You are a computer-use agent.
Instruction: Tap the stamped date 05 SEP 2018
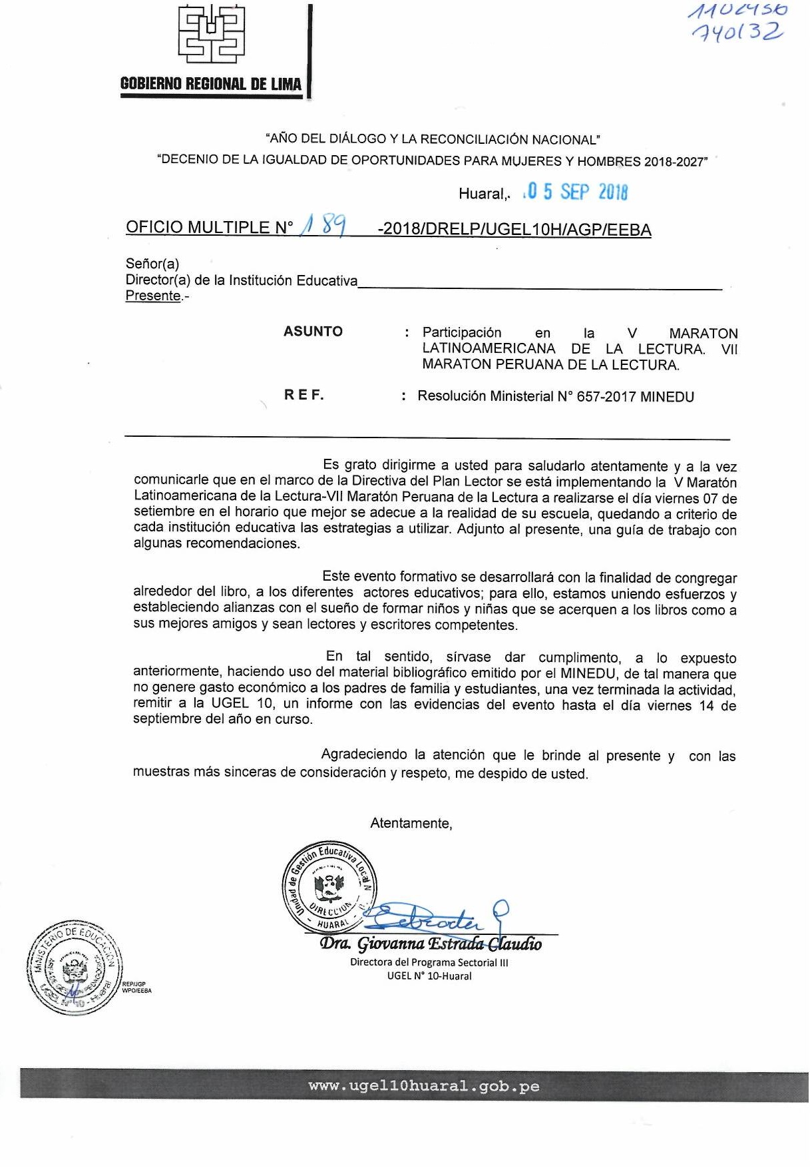point(576,192)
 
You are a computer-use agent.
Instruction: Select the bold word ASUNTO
point(313,332)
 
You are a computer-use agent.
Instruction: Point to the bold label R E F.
point(304,395)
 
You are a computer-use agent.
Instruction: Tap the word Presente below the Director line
point(153,296)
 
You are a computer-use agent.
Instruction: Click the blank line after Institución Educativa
point(539,285)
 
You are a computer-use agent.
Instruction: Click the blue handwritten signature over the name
point(433,918)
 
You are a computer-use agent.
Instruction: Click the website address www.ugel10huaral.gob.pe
point(424,1086)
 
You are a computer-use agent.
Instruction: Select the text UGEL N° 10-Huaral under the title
point(429,976)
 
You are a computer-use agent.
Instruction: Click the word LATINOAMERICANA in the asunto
point(489,349)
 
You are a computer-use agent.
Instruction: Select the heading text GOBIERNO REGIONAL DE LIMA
point(211,84)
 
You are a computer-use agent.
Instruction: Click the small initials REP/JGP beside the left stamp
point(134,984)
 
